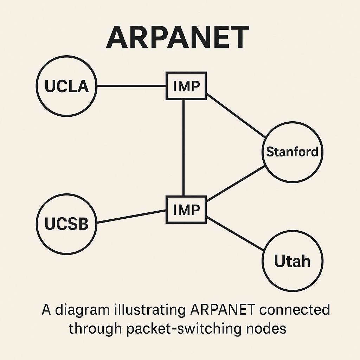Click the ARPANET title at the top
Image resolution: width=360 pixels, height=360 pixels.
[178, 37]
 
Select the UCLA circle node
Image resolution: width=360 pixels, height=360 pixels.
[67, 86]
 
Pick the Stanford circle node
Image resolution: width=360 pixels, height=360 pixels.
[292, 152]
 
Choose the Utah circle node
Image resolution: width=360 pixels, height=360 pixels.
[292, 261]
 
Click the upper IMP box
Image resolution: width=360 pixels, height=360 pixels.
[186, 86]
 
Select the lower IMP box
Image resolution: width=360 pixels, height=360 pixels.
[186, 210]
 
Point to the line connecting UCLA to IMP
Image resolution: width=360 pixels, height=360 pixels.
[131, 86]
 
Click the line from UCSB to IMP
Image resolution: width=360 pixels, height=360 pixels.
[131, 217]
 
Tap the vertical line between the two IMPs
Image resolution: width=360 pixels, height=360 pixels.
[184, 148]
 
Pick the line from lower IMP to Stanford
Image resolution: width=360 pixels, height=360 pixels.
[236, 184]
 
